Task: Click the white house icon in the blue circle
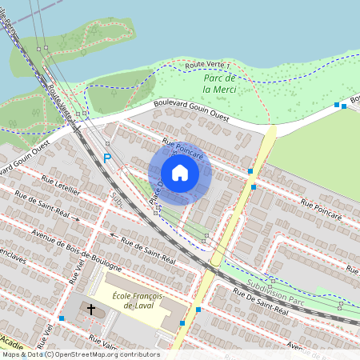pyautogui.click(x=180, y=173)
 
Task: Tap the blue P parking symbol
pyautogui.click(x=107, y=158)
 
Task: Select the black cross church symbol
pyautogui.click(x=91, y=309)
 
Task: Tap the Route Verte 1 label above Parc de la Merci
pyautogui.click(x=207, y=64)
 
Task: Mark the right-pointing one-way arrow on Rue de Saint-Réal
pyautogui.click(x=78, y=218)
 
